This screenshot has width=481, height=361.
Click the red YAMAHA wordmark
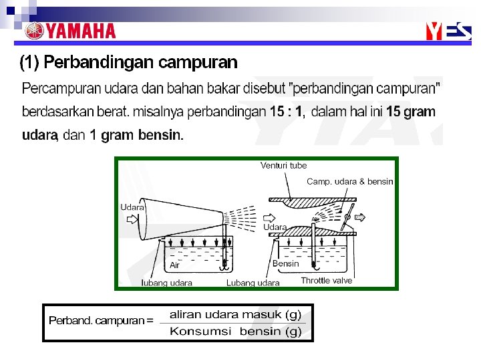(81, 31)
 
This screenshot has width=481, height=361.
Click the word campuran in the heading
(198, 63)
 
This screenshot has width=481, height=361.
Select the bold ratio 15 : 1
(287, 112)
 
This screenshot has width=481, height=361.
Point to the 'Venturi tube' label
(283, 165)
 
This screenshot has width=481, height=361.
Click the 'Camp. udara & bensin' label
(349, 181)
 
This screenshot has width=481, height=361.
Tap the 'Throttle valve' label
(326, 280)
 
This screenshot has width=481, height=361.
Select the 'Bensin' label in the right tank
(286, 263)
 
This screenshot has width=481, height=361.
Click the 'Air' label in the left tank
(174, 265)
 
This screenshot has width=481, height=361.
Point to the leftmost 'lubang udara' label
(166, 283)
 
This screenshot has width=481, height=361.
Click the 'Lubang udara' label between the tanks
(253, 283)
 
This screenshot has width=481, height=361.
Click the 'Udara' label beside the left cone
(132, 207)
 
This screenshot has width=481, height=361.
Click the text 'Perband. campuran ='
(101, 320)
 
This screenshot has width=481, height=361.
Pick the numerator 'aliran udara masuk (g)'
(235, 314)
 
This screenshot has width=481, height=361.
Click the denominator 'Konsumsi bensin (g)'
(235, 331)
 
